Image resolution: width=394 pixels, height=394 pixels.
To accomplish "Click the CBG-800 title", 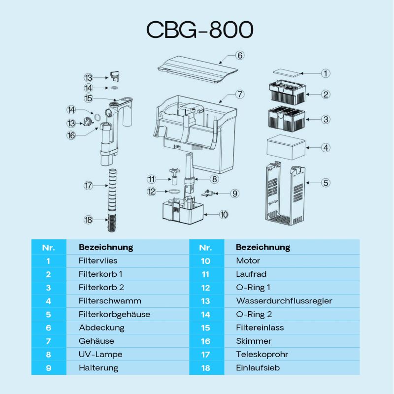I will click(200, 30).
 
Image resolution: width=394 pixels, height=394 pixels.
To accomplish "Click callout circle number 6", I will click(240, 55).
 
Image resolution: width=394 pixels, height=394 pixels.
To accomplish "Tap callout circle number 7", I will click(240, 94).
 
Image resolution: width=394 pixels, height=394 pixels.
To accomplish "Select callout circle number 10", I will click(224, 214).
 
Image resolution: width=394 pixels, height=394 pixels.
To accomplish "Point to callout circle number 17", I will click(89, 186).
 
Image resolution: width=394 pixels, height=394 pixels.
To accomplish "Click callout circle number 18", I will click(89, 220).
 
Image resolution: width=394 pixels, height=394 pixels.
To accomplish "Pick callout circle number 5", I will click(326, 183).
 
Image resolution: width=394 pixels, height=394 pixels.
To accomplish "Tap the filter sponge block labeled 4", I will click(286, 147).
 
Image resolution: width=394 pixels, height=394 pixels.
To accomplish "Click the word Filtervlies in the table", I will click(98, 261).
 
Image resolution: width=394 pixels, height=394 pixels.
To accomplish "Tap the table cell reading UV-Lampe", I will click(100, 354).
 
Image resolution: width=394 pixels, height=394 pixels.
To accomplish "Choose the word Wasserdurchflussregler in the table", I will click(284, 300).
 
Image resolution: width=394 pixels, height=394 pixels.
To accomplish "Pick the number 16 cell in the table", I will click(206, 341).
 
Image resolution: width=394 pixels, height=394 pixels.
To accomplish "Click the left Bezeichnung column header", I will click(106, 247).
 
